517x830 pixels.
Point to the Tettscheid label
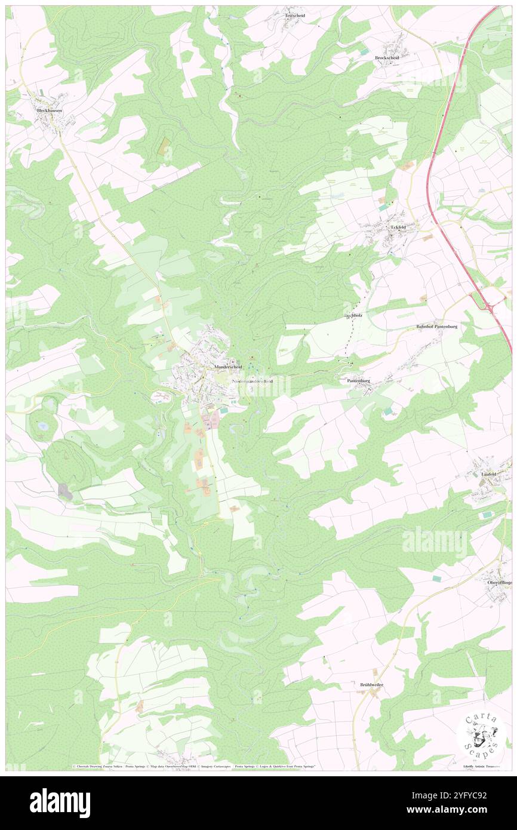click(x=295, y=16)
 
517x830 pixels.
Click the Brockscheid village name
click(x=387, y=57)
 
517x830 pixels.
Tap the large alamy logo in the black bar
click(x=60, y=803)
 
